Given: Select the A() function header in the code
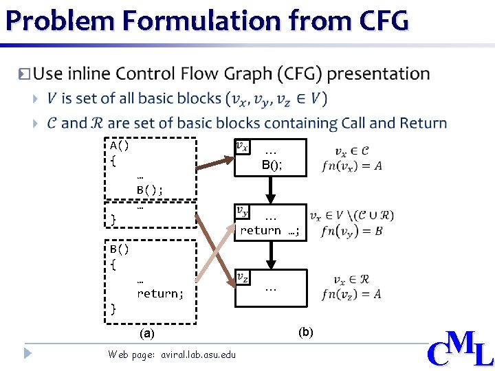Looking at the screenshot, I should coord(120,146).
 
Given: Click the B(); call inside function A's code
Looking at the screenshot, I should coord(150,190).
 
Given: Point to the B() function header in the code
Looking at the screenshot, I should coord(120,247).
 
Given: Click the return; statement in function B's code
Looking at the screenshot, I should coord(160,293).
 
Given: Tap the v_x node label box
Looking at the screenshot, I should coord(243,146).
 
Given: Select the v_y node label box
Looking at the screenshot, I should coord(242,212).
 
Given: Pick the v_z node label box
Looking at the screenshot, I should coord(242,277).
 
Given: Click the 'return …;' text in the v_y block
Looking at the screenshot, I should coord(269,231).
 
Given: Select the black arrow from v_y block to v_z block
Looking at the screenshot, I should coord(271,254).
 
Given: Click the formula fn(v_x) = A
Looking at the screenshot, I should coord(351,166).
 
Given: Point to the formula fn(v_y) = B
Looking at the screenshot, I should coord(351,231).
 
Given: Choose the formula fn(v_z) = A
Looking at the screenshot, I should coord(351,295).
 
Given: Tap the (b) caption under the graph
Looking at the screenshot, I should coord(306,332).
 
